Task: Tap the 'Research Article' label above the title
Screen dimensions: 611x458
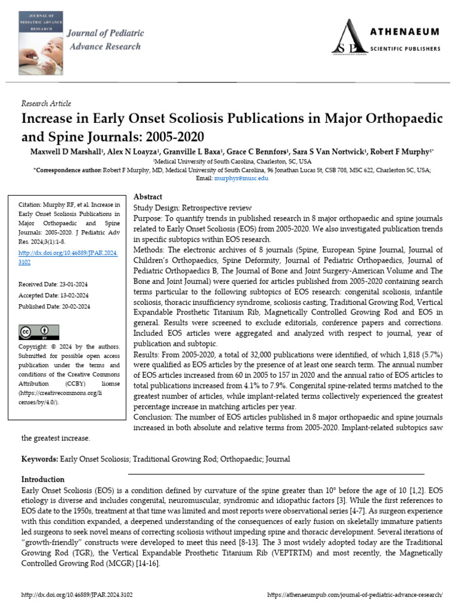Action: coord(46,103)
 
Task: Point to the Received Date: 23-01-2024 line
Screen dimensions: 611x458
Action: coord(54,284)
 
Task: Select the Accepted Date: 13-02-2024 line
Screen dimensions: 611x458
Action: coord(54,295)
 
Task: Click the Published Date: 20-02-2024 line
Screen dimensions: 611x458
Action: coord(54,306)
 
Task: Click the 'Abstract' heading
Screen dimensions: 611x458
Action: coord(147,196)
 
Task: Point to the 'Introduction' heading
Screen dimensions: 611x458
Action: coord(43,479)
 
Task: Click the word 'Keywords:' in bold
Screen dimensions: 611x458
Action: coord(39,459)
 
